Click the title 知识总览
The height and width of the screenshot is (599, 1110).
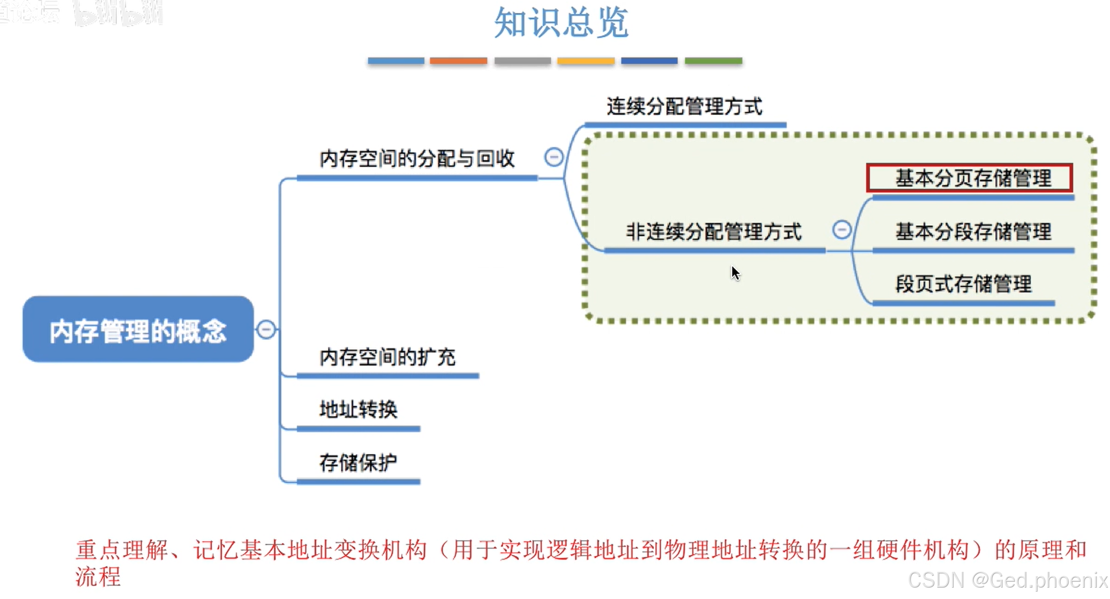point(561,23)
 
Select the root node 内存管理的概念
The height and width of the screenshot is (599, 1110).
point(138,330)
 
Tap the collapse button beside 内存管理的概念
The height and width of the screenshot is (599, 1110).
point(266,330)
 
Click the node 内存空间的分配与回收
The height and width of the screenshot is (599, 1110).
point(417,159)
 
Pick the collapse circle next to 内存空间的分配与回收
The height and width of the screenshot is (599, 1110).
point(554,157)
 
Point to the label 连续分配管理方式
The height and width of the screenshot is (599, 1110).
point(684,107)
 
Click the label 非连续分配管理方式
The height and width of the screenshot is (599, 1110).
point(714,232)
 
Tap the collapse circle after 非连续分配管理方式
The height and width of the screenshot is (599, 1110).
point(842,230)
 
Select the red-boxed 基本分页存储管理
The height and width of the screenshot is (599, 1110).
point(969,178)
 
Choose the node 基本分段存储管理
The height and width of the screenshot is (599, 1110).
point(973,232)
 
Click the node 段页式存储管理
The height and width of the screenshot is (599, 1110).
point(964,284)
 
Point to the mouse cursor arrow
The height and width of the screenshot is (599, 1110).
point(735,272)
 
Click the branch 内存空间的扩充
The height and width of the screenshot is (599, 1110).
point(388,357)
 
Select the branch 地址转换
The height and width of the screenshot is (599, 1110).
point(358,410)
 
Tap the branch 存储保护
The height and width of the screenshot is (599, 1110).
point(358,463)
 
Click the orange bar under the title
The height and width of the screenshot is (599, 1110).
point(459,61)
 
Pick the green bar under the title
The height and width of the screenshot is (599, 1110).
point(714,61)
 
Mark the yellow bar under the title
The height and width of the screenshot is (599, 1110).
point(586,61)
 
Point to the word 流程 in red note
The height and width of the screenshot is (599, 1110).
point(98,576)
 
